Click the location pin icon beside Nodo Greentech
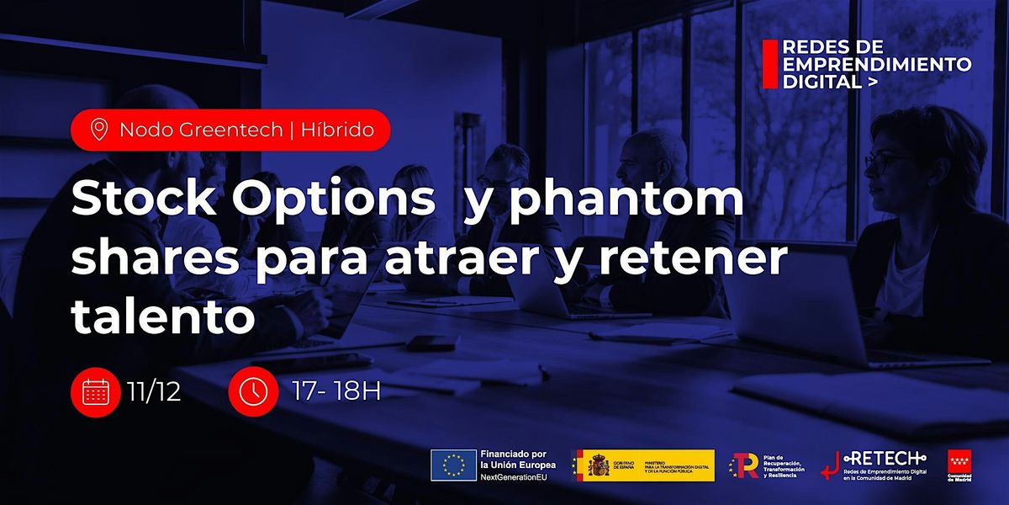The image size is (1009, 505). [99, 130]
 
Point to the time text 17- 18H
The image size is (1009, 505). [335, 391]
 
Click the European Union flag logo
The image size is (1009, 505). [454, 465]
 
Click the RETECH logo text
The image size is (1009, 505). [885, 457]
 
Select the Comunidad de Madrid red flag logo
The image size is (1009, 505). [959, 463]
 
